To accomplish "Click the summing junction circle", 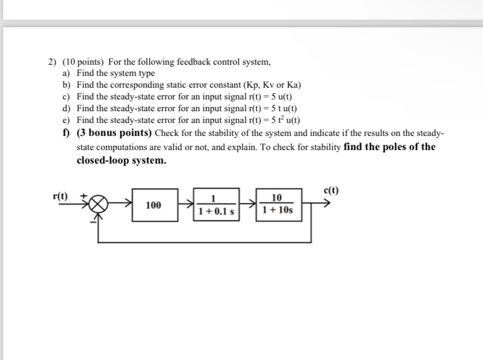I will pyautogui.click(x=99, y=205).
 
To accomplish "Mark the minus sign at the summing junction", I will pyautogui.click(x=92, y=221).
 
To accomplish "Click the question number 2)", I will pyautogui.click(x=53, y=62).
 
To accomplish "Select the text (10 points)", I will pyautogui.click(x=83, y=62).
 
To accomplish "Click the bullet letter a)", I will pyautogui.click(x=66, y=74).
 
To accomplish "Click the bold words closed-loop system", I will pyautogui.click(x=121, y=160).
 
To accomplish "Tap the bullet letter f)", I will pyautogui.click(x=66, y=132).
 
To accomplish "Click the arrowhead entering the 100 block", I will pyautogui.click(x=129, y=205).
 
